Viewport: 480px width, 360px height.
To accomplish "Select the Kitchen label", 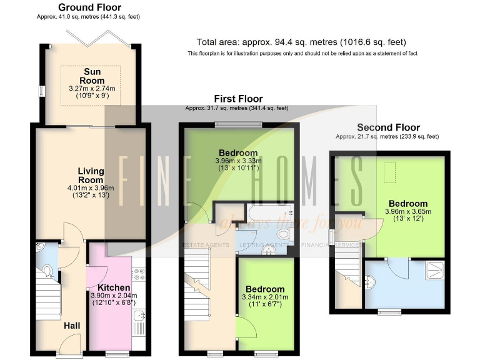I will [x=109, y=287].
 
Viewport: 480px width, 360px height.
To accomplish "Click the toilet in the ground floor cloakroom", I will [x=48, y=270].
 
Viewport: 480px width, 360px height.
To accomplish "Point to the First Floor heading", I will [x=238, y=99].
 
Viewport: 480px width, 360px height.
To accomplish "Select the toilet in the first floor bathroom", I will [x=282, y=234].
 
